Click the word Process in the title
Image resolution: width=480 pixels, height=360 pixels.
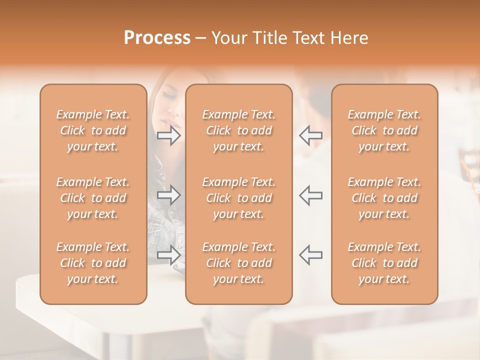(x=157, y=38)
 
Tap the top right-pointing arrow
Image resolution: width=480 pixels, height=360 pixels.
(x=169, y=135)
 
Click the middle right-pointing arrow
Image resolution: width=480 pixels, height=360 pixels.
(x=169, y=195)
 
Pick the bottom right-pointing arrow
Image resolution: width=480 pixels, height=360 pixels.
(x=169, y=255)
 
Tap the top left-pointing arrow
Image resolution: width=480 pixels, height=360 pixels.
(x=310, y=135)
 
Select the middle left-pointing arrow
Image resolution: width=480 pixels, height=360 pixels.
(x=310, y=195)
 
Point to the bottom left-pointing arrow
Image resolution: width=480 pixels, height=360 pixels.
(x=310, y=255)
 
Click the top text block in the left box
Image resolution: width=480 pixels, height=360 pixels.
(x=93, y=130)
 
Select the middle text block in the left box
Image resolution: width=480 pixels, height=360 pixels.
(x=93, y=198)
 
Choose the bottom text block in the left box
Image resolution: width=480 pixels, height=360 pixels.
(x=93, y=263)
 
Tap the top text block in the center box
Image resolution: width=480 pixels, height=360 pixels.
(x=239, y=130)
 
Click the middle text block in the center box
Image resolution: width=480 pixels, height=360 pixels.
(x=239, y=198)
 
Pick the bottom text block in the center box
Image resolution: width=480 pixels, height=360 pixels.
(x=239, y=263)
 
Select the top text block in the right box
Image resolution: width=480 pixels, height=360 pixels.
(x=384, y=130)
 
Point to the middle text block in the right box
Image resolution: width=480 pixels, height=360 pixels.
(x=384, y=198)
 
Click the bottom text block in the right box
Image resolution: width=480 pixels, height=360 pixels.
(x=384, y=263)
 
